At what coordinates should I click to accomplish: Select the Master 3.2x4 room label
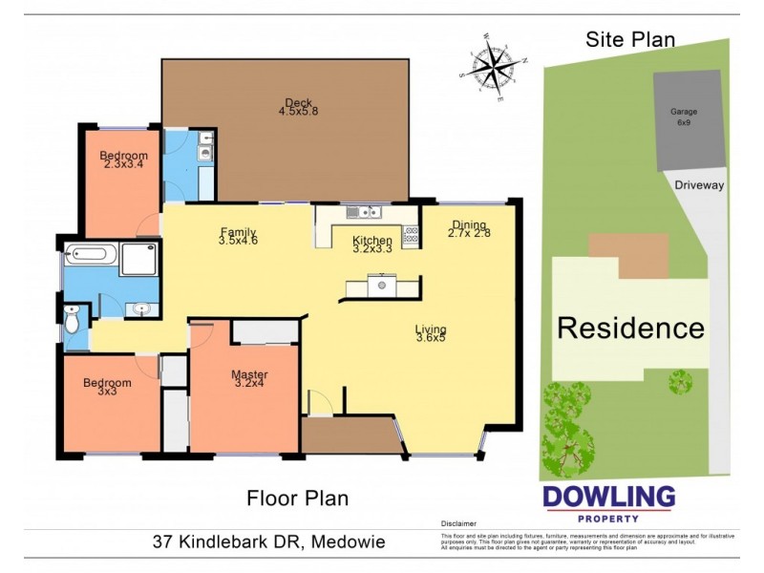[x=250, y=379]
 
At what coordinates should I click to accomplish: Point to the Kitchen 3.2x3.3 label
[x=371, y=244]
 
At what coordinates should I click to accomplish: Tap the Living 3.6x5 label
[x=431, y=335]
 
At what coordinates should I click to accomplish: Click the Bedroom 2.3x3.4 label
[x=124, y=160]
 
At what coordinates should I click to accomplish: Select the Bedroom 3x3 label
[x=106, y=389]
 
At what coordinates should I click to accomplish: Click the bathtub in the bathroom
[x=91, y=256]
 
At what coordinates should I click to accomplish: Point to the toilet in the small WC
[x=74, y=321]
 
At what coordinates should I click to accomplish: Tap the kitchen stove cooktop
[x=412, y=234]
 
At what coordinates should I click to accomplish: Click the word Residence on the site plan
[x=630, y=328]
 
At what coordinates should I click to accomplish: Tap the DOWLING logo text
[x=609, y=498]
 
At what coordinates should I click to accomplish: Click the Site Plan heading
[x=629, y=39]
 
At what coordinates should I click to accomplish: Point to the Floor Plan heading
[x=297, y=498]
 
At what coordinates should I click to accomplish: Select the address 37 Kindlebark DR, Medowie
[x=269, y=541]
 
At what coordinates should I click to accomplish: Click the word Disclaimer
[x=459, y=524]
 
